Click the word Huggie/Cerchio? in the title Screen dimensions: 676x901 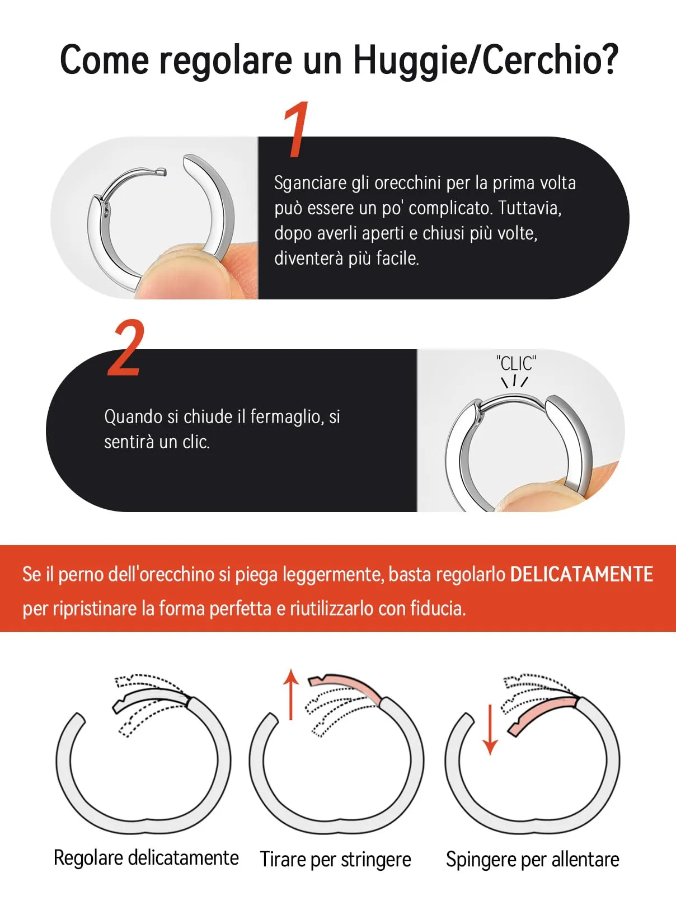click(486, 60)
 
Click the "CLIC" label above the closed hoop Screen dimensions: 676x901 click(516, 363)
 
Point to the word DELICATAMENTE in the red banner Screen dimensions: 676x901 click(581, 574)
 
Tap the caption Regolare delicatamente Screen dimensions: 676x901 click(146, 858)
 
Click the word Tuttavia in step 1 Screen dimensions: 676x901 click(529, 208)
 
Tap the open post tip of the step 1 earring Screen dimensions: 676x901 click(163, 172)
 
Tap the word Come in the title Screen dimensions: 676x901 click(104, 60)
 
